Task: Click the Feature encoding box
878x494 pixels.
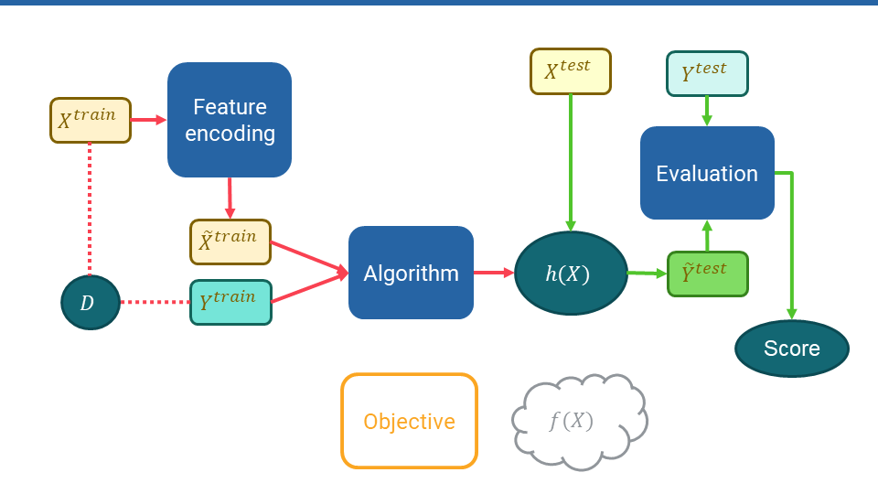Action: coord(230,120)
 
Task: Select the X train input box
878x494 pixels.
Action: coord(91,120)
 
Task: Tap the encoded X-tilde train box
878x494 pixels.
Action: coord(230,242)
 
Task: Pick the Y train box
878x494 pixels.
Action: coord(230,302)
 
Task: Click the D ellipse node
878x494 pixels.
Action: coord(91,302)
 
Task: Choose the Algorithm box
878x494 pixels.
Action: coord(411,273)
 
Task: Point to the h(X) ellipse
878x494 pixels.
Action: coord(571,273)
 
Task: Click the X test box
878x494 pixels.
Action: coord(571,71)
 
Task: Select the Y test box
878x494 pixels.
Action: coord(707,73)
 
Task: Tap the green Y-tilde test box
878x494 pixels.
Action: coord(707,274)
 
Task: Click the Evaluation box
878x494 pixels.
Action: coord(707,173)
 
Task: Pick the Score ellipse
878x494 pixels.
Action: coord(792,349)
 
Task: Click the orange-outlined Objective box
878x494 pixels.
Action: coord(410,421)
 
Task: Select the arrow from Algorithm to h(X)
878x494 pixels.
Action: coord(494,273)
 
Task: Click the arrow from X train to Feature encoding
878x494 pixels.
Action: coord(149,120)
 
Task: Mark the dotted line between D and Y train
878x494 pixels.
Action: coord(155,302)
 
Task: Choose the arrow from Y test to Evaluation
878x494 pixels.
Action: coord(707,111)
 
